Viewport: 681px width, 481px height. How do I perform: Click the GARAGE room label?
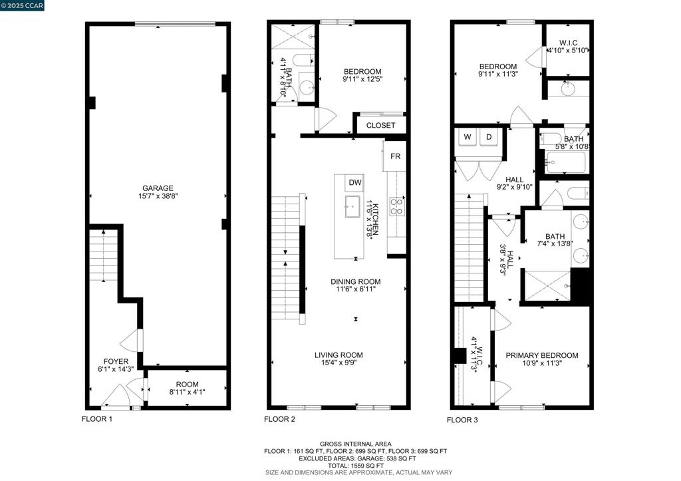pyautogui.click(x=158, y=188)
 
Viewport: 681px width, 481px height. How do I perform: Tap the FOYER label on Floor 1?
pyautogui.click(x=116, y=361)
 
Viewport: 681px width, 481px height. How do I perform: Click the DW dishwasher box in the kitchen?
pyautogui.click(x=355, y=183)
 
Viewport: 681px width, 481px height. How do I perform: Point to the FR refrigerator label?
pyautogui.click(x=395, y=156)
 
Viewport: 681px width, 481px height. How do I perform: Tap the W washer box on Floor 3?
pyautogui.click(x=468, y=137)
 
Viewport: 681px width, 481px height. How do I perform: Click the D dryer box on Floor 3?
pyautogui.click(x=489, y=137)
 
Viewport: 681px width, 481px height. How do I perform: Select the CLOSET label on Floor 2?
pyautogui.click(x=381, y=125)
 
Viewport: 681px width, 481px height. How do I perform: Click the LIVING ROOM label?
pyautogui.click(x=339, y=355)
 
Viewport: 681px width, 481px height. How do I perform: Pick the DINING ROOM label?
pyautogui.click(x=356, y=281)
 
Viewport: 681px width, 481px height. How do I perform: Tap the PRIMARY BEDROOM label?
pyautogui.click(x=542, y=355)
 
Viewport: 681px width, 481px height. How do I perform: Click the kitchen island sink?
pyautogui.click(x=352, y=206)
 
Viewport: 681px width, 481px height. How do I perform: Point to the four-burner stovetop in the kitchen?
pyautogui.click(x=397, y=206)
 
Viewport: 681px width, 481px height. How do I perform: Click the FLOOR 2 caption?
pyautogui.click(x=280, y=419)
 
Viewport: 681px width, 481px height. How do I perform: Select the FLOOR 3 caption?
pyautogui.click(x=463, y=420)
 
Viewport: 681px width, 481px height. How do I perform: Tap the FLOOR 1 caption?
pyautogui.click(x=97, y=419)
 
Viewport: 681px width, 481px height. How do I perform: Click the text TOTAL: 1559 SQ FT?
pyautogui.click(x=356, y=465)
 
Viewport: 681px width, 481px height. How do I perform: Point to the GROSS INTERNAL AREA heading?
pyautogui.click(x=356, y=444)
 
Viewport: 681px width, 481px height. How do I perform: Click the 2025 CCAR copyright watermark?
pyautogui.click(x=22, y=5)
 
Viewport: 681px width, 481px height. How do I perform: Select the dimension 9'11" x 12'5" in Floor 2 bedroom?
pyautogui.click(x=362, y=79)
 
